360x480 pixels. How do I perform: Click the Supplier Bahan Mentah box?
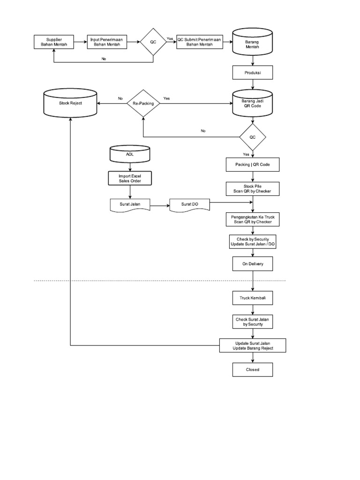click(x=54, y=42)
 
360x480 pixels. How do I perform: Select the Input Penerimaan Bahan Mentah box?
click(x=106, y=42)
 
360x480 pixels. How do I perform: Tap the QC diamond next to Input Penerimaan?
click(x=153, y=42)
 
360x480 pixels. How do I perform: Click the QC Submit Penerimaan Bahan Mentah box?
click(x=199, y=42)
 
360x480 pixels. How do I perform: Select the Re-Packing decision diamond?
click(x=143, y=103)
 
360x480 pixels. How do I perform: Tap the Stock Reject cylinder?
click(x=70, y=103)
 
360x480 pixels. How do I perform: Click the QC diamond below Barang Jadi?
click(x=253, y=137)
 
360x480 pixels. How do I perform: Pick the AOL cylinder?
click(x=129, y=154)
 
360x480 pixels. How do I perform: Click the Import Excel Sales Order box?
click(x=129, y=178)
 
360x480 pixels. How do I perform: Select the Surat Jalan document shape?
click(x=129, y=204)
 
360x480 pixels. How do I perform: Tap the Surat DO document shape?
click(x=189, y=204)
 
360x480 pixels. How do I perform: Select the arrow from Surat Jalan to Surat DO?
click(x=159, y=205)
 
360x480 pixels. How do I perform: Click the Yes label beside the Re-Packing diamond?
click(x=166, y=98)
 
